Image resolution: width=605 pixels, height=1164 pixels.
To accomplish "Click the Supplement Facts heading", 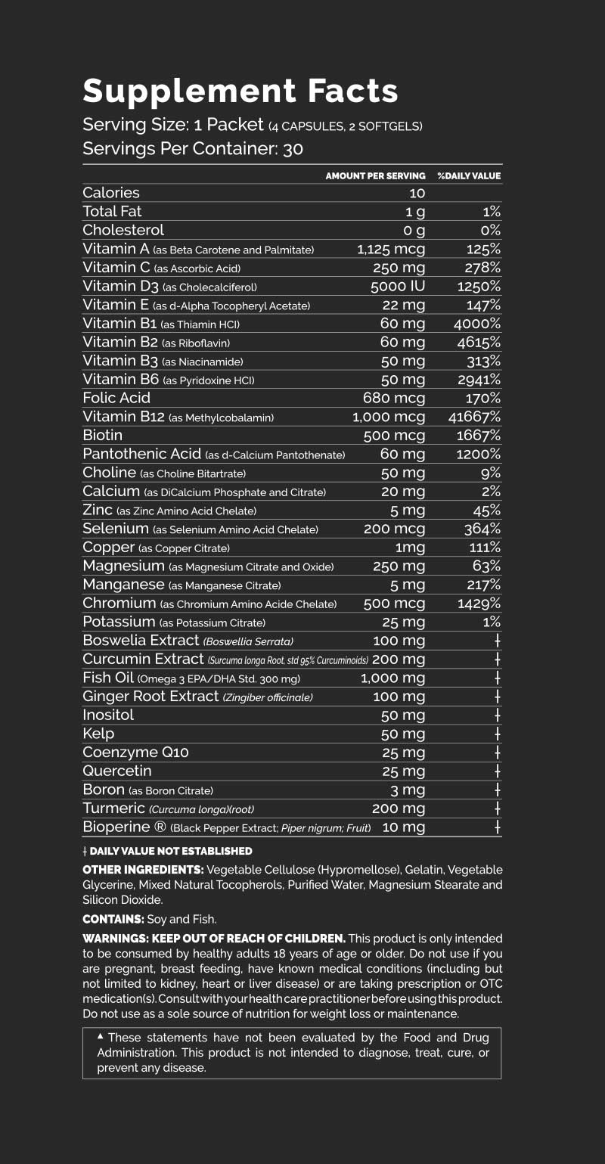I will pos(240,91).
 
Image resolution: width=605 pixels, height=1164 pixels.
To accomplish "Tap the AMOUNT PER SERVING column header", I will pos(375,176).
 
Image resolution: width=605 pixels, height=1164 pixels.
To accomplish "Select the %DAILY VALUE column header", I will pos(469,176).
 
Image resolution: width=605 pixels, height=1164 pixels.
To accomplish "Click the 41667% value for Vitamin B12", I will pos(474,417).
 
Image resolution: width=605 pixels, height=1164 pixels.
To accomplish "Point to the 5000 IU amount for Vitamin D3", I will pos(398,287).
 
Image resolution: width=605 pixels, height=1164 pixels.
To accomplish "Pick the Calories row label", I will pos(111,193).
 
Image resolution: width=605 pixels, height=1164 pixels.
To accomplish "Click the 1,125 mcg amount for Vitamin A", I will pos(391,250).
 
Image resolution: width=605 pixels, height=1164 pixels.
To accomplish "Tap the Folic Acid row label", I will pos(116,398).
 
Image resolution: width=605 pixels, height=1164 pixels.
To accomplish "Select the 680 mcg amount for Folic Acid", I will pos(394,398).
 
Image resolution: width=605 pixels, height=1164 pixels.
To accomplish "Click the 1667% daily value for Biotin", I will pos(479,436).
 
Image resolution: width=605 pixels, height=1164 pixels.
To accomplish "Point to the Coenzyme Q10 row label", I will pos(135,753).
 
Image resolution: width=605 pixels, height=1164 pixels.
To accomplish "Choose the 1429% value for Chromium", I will pos(479,604).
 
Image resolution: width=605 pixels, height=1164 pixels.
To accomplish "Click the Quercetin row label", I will pos(117,771).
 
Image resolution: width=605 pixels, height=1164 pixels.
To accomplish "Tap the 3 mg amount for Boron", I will pos(408,790).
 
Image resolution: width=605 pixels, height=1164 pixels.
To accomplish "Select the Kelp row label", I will pos(98,734).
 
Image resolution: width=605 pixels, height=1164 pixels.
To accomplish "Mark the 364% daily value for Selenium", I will pos(482,529).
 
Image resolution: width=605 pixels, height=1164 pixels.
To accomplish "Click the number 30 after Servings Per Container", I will pos(293,148).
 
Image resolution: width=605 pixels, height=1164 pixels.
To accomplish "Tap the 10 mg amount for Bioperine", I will pos(404,827).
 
